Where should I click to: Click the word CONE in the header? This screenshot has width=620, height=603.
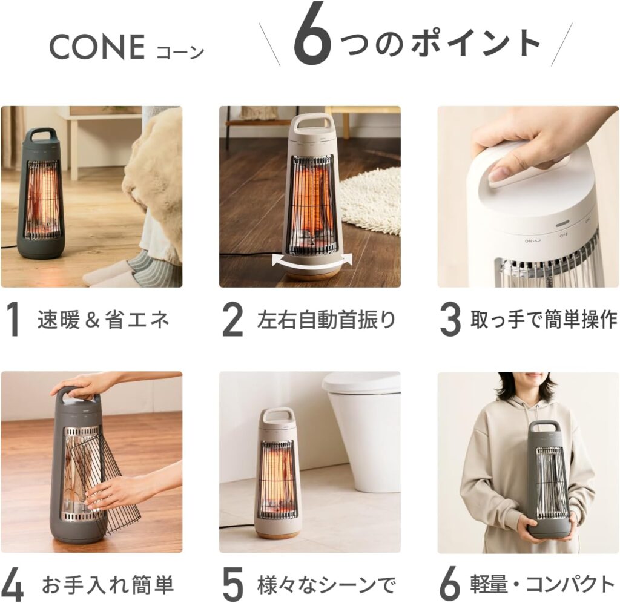click(97, 47)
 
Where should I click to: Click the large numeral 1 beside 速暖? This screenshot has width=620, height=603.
click(15, 320)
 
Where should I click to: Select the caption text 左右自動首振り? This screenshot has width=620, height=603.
click(326, 320)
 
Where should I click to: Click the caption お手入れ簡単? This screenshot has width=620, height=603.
click(108, 585)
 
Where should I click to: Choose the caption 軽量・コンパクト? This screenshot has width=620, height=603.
click(542, 584)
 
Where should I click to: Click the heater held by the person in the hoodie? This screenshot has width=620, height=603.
click(549, 479)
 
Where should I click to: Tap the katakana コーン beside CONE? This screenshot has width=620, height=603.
click(180, 52)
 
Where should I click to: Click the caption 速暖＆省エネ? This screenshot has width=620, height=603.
click(104, 320)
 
